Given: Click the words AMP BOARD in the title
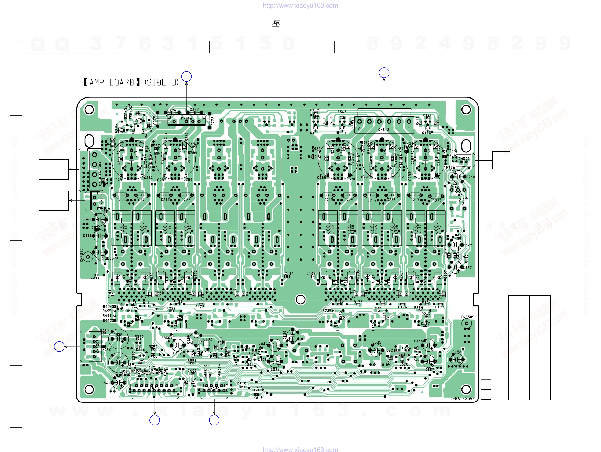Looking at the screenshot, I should pos(112,82).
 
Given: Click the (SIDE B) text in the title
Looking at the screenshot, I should pos(162,82).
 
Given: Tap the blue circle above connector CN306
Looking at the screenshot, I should pos(186,76).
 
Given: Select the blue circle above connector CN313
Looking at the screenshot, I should pos(384,72).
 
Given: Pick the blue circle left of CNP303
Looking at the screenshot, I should pos(59,347).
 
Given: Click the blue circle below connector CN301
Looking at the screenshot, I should pos(155,420).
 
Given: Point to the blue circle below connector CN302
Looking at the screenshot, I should pos(214,420).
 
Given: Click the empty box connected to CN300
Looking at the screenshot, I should pos(501,160).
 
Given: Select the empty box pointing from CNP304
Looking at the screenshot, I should pos(53,169).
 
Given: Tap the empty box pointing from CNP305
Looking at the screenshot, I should pos(53,201).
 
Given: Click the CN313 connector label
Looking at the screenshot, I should pos(384,130).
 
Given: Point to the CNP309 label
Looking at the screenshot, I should pos(467,317).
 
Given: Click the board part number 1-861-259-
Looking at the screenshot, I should pos(462,399).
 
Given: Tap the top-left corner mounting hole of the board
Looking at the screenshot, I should pos(89,110).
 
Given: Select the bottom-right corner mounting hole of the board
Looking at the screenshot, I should pos(466,389).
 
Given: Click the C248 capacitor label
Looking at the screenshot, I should pos(471,177).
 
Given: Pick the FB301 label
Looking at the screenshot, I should pos(167,338).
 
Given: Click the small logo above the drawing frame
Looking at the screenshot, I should pos(276,24).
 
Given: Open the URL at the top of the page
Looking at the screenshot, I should pos(300,5).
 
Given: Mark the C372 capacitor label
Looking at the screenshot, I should pos(467,245).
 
